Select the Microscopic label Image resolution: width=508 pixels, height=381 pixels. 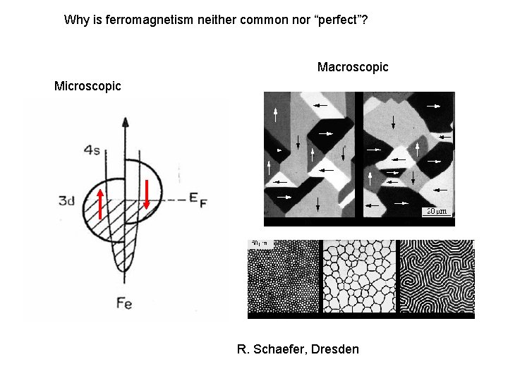(x=87, y=86)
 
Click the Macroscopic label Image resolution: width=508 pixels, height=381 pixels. (x=353, y=67)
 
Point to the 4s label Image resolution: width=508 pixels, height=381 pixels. (x=92, y=149)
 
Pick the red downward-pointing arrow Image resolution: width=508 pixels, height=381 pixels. (x=147, y=194)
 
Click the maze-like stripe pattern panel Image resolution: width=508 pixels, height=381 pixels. (x=436, y=279)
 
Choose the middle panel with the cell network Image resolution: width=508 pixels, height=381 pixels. (x=358, y=279)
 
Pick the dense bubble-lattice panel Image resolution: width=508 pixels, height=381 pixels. (x=283, y=279)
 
